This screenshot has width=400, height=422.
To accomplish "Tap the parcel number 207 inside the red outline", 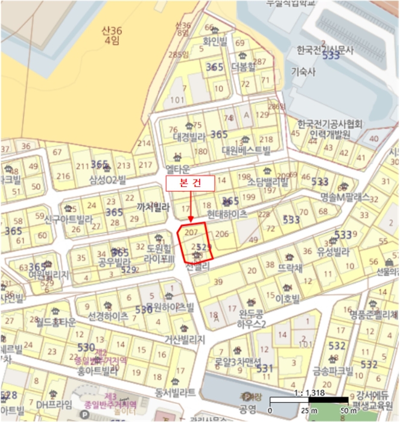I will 192,232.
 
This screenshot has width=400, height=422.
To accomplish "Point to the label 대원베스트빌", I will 246,150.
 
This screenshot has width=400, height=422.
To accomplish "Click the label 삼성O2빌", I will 108,179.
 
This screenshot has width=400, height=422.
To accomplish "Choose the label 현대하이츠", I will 227,213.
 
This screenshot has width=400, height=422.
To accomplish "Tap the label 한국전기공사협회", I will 329,124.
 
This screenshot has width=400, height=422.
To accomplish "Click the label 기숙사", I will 303,71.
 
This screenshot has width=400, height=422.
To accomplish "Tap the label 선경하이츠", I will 107,316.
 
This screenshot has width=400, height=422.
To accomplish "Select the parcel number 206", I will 221,234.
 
